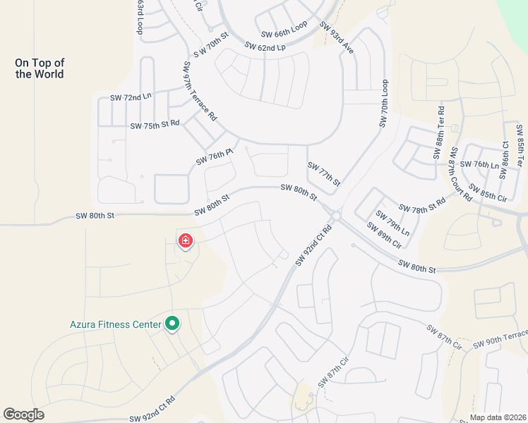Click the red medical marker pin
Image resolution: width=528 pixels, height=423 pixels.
pos(185,241)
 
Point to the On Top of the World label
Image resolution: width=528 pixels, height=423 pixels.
pos(40,68)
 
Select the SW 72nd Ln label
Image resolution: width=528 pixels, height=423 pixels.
pos(131,97)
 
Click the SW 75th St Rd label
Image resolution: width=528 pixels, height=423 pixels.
pos(155,125)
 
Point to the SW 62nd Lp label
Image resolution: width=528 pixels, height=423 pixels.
pos(265,47)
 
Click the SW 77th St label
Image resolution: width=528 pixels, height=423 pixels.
pos(324,173)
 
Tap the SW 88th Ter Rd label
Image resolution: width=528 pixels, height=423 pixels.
pos(440,133)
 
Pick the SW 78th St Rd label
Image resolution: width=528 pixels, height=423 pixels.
pos(422,204)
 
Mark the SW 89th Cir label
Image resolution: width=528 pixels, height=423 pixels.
pos(383,235)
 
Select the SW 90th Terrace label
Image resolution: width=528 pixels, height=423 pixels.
pos(500,338)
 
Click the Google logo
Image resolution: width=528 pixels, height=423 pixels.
pos(23,415)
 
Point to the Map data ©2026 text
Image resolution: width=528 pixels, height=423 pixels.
pos(498,417)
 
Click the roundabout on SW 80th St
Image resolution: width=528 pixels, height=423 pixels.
pos(336,216)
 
